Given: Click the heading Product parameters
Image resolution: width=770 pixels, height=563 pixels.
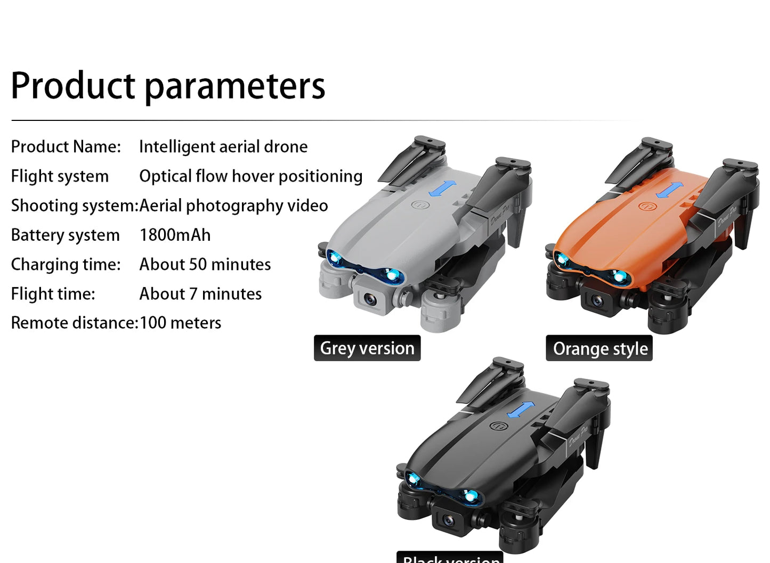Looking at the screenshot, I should (x=168, y=86).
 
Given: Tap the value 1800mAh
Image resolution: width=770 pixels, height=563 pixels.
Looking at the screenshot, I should (x=175, y=235).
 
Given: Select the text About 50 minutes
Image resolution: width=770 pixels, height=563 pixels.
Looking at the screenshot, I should (x=205, y=264).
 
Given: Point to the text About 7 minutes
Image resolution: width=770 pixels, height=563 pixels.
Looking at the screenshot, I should (x=200, y=293).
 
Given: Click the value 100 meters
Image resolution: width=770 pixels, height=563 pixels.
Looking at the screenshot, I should (x=180, y=323).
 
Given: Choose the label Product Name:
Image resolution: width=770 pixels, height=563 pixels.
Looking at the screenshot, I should (x=66, y=146).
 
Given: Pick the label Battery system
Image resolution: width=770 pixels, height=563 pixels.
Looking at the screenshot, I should (x=66, y=235).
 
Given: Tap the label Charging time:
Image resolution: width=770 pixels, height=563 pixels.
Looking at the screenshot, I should (x=66, y=264).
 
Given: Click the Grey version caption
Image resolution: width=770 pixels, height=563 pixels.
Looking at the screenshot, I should (x=367, y=348).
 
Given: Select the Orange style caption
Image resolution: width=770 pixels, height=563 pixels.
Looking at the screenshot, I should (x=599, y=348).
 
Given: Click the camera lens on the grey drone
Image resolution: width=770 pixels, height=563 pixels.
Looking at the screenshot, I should (x=371, y=299).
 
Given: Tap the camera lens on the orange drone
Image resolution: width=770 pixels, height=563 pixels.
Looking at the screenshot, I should (x=597, y=301).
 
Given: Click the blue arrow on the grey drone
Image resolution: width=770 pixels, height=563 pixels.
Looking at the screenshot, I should (x=443, y=188).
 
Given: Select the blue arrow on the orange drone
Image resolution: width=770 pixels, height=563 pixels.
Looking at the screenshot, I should (x=670, y=190).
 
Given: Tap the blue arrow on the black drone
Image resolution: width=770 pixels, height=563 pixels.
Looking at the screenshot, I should (x=521, y=410).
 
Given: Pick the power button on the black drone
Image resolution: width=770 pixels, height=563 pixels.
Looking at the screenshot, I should (x=497, y=426).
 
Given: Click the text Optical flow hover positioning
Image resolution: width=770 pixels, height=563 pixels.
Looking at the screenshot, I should (x=250, y=176).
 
